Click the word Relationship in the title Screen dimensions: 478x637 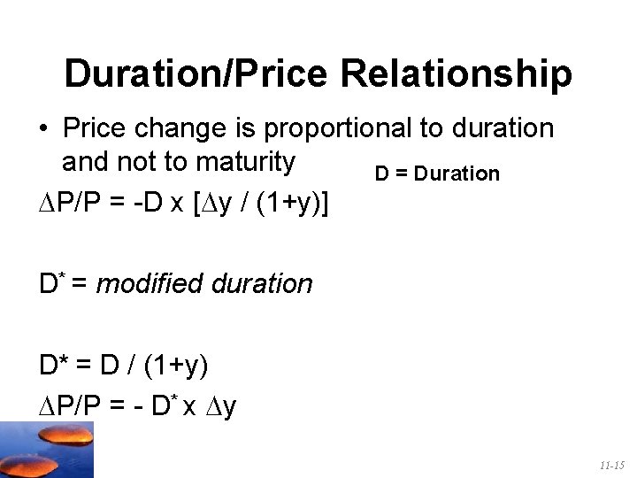pyautogui.click(x=456, y=74)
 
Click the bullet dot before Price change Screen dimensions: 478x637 pyautogui.click(x=42, y=129)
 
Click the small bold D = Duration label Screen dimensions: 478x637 pyautogui.click(x=437, y=173)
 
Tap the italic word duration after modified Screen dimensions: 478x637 pyautogui.click(x=263, y=284)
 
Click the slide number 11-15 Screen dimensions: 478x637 pyautogui.click(x=611, y=465)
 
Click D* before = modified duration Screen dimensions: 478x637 pyautogui.click(x=50, y=284)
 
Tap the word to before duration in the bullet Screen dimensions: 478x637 pyautogui.click(x=433, y=129)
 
